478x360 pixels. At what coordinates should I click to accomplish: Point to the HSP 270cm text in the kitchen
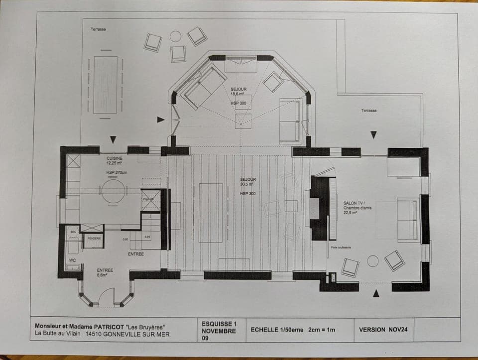point(117,172)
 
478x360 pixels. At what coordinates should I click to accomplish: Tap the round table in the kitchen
point(114,191)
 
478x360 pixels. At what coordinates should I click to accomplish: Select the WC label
point(72,260)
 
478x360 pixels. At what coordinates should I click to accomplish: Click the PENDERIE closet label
point(95,239)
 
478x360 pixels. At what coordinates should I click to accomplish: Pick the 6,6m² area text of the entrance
point(105,275)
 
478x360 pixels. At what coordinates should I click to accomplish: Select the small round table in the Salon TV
point(372,261)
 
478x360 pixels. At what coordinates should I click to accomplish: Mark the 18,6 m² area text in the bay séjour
point(238,94)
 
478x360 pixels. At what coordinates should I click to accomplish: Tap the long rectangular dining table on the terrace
point(106,85)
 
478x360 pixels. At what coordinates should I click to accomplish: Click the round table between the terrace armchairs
point(176,36)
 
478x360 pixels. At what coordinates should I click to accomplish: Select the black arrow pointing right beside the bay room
point(160,120)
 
